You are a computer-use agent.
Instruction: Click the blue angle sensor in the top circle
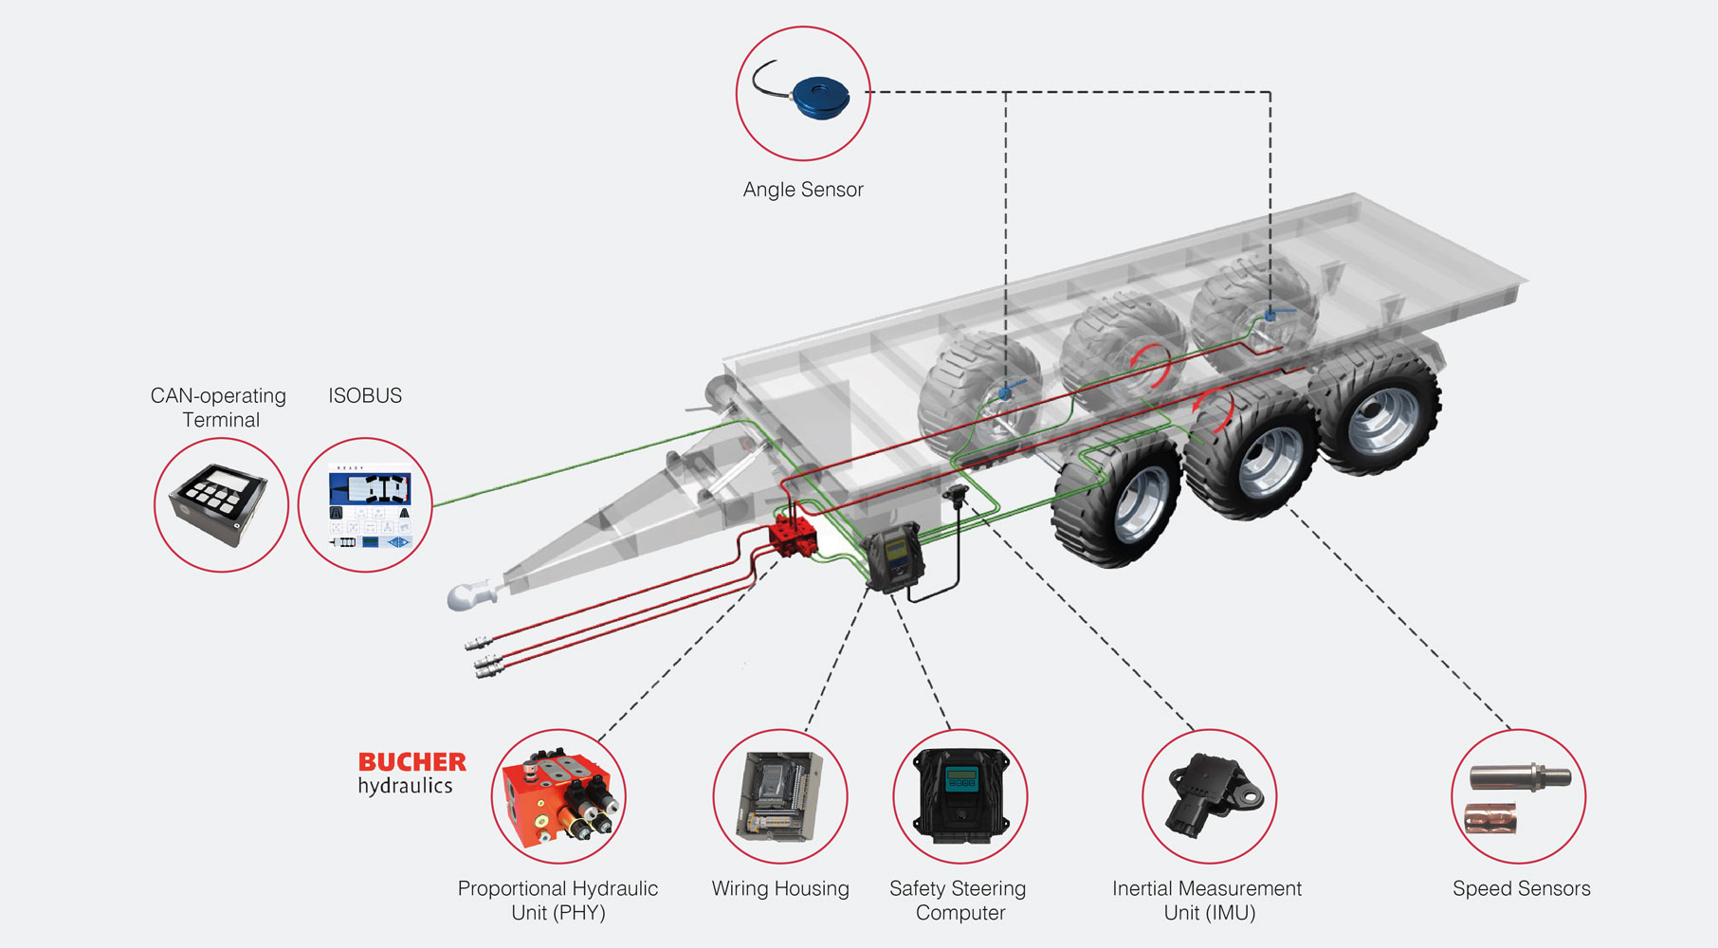click(820, 97)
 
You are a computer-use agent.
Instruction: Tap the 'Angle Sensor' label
click(803, 190)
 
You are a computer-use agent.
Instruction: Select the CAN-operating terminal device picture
click(220, 503)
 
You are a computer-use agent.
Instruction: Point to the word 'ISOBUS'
click(365, 395)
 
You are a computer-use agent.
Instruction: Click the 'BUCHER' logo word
click(411, 762)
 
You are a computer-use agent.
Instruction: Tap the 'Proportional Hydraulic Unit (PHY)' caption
click(557, 900)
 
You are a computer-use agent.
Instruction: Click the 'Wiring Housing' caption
click(780, 888)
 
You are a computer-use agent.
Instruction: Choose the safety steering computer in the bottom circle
click(960, 795)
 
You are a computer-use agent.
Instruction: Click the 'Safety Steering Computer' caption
click(959, 900)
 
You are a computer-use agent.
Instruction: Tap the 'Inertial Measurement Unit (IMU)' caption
click(1207, 900)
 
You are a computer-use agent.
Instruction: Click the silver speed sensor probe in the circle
click(1520, 778)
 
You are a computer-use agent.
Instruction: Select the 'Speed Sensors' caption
click(1521, 888)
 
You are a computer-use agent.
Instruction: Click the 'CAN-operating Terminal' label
click(219, 408)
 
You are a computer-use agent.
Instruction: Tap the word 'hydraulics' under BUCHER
click(405, 786)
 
